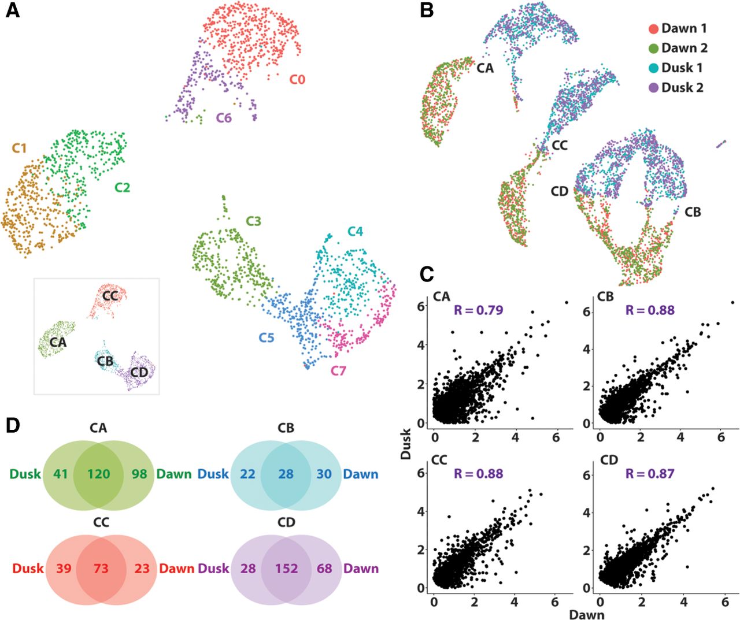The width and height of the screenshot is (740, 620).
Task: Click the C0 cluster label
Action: [297, 79]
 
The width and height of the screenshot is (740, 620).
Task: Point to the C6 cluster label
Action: [224, 118]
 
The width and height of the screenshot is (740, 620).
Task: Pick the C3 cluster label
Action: [253, 221]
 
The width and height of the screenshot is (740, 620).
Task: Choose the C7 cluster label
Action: [338, 370]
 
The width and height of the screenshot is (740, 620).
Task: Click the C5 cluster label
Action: [266, 337]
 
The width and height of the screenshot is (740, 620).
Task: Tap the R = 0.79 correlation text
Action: [478, 310]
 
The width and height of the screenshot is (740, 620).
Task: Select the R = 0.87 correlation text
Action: [650, 474]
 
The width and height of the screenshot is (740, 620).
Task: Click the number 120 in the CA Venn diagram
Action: [98, 474]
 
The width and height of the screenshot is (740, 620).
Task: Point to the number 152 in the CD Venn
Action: [286, 569]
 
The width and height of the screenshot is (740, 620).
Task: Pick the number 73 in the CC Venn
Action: [101, 569]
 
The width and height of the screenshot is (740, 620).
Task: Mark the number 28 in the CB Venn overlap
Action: [286, 474]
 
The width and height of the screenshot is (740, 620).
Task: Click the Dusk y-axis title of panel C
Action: [406, 443]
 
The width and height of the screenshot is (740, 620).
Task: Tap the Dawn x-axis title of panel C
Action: [587, 614]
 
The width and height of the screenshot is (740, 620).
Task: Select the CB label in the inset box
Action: [105, 361]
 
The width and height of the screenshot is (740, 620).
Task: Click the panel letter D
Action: [12, 426]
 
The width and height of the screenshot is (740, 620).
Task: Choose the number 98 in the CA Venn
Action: [139, 474]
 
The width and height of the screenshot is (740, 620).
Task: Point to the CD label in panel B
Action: [559, 191]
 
